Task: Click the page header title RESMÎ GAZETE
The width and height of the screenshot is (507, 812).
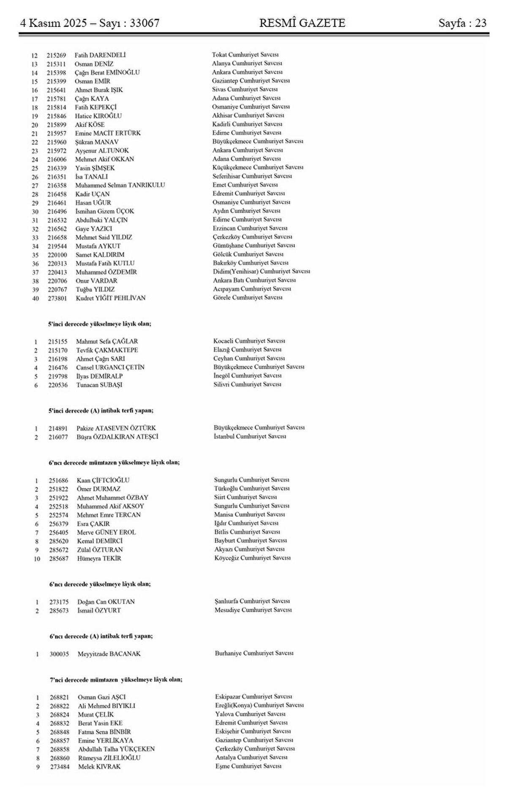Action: (302, 23)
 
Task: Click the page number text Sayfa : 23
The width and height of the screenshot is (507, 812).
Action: (463, 23)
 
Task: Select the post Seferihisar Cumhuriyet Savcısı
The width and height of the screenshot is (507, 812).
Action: (252, 176)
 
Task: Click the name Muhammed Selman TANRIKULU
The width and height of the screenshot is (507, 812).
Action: (120, 185)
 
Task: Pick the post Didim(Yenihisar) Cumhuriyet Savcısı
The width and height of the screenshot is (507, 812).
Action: (262, 271)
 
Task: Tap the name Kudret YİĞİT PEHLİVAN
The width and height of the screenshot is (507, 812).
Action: (111, 298)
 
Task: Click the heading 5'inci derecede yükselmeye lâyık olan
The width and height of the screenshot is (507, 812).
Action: (99, 324)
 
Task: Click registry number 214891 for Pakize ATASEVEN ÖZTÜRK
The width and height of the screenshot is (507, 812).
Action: (57, 428)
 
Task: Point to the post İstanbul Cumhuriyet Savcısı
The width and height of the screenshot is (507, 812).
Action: (250, 436)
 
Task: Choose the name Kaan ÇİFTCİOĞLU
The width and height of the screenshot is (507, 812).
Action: (103, 480)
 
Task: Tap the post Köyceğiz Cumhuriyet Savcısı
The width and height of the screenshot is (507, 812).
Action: (252, 558)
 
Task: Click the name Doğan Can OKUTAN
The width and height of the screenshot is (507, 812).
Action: (106, 601)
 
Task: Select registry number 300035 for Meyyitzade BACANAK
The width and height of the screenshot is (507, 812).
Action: (58, 654)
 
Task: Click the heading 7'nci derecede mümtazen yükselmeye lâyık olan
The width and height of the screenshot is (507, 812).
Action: (116, 680)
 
